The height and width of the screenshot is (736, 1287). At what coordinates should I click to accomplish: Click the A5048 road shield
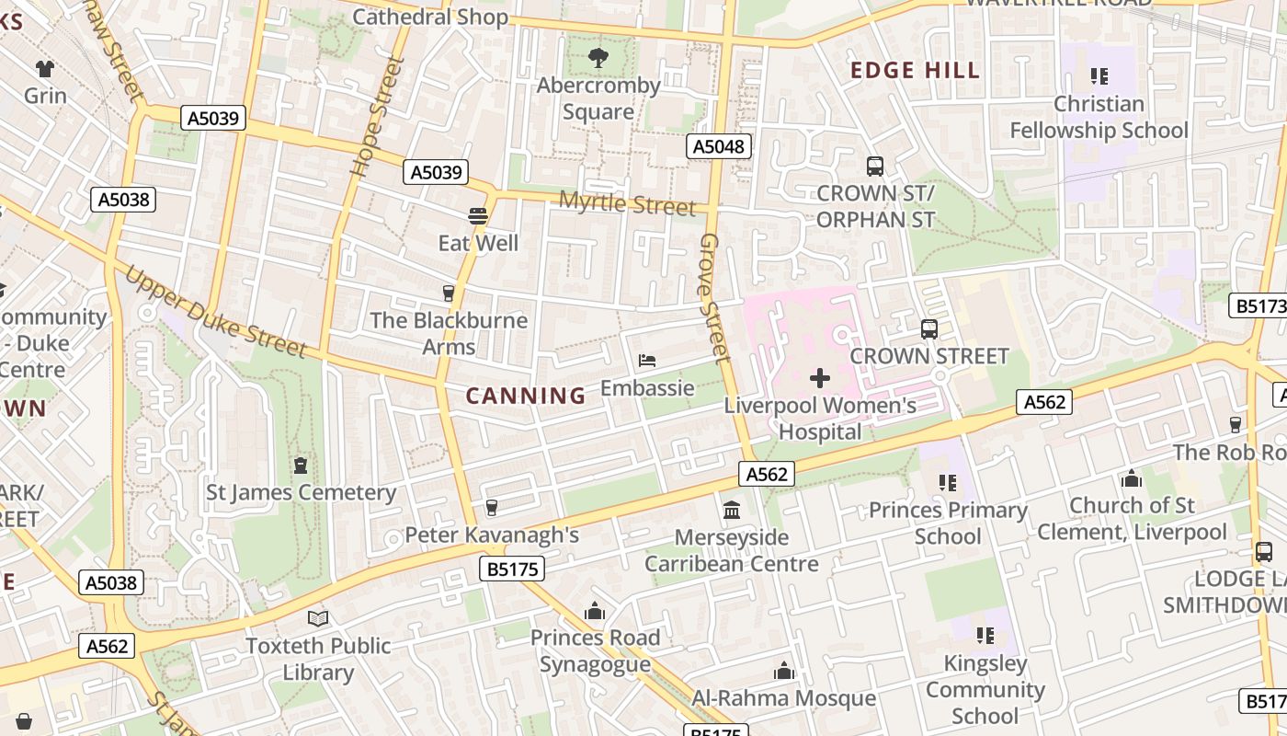pos(719,146)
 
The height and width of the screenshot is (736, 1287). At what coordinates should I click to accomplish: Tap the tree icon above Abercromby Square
pos(598,58)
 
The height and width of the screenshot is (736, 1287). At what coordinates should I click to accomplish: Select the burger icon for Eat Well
pos(477,216)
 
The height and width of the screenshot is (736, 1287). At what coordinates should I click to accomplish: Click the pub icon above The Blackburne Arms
pos(449,293)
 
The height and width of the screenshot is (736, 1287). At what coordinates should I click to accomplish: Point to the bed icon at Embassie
pos(647,361)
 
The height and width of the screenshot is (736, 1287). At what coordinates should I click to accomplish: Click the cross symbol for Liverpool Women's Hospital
pos(819,378)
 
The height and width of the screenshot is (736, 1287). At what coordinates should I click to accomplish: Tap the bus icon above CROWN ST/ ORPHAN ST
pos(875,167)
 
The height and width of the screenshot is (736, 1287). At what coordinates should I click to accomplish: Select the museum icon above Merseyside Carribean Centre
pos(732,510)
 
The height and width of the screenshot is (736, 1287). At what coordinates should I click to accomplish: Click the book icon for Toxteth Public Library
pos(318,618)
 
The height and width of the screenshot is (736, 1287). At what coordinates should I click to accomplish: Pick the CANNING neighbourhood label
pos(526,397)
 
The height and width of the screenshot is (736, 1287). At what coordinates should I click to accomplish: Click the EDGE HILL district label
pos(915,71)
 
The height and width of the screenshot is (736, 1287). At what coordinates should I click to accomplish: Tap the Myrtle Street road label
pos(628,204)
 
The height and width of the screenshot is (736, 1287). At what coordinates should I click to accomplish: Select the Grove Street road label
pos(714,296)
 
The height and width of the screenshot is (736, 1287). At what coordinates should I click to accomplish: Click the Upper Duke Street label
pos(215,312)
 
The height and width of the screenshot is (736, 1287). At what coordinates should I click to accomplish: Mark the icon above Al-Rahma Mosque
pos(784,672)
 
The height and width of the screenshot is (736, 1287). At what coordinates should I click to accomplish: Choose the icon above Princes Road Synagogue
pos(595,611)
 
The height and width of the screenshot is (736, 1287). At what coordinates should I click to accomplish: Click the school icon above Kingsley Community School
pos(985,635)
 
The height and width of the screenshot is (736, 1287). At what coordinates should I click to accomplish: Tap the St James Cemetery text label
pos(301,493)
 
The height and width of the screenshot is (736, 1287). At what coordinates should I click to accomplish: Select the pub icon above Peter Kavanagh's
pos(491,508)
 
